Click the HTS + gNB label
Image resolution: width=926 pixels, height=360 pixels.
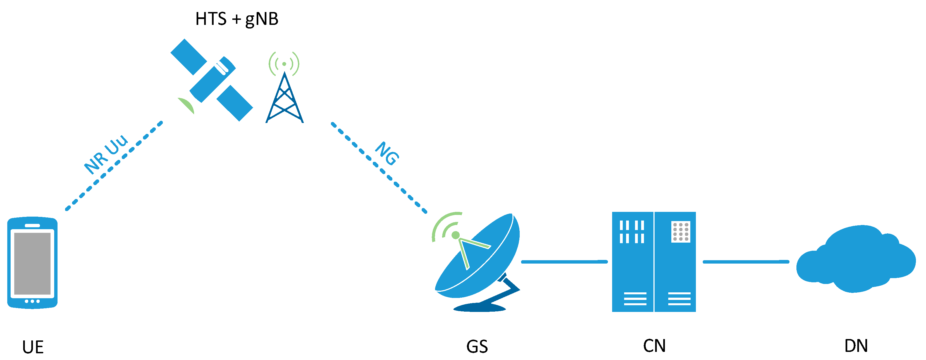point(237,19)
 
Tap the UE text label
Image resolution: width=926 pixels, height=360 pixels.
point(33,347)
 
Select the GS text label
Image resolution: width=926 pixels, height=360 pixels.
point(477,347)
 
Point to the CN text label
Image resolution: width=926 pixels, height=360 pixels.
point(654,346)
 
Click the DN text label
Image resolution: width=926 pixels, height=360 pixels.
point(856,346)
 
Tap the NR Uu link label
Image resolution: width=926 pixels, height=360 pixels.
point(106,154)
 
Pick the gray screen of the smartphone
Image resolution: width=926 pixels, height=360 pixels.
point(32,263)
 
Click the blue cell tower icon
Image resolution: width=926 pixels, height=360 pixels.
point(284,101)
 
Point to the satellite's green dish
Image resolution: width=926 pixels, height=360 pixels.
point(187,105)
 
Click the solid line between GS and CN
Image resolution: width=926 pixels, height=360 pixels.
point(564,262)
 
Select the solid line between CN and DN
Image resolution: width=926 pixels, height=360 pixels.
point(746,262)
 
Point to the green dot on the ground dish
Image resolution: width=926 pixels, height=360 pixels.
point(455,235)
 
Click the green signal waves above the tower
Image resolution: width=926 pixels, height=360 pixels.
point(284,64)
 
